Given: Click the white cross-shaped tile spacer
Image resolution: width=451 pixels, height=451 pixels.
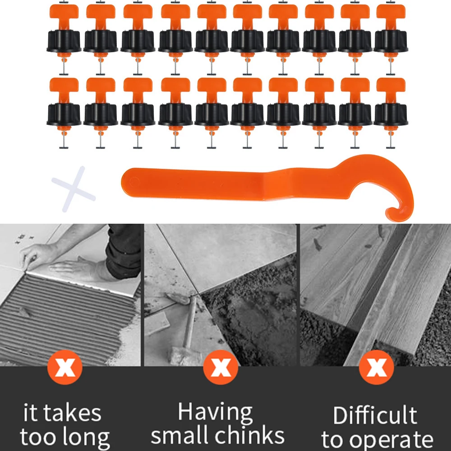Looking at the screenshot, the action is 74,189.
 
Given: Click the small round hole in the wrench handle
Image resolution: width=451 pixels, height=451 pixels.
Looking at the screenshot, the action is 134,182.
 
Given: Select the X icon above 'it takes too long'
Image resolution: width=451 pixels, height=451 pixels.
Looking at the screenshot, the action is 64,367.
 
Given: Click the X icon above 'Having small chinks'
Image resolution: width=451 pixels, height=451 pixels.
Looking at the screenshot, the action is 221,367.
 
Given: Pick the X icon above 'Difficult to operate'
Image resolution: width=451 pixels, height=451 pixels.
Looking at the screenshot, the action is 376,367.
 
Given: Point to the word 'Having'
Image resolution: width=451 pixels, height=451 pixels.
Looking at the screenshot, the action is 215,413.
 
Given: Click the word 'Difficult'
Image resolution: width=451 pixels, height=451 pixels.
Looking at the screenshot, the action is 375,415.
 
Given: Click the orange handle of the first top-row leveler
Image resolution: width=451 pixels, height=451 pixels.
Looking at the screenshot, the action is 64,16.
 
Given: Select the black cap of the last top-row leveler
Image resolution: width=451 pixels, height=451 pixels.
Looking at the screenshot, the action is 391,41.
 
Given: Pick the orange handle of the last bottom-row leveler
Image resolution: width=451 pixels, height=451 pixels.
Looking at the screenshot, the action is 391,90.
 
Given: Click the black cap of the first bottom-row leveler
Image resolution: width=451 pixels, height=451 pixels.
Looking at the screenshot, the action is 64,115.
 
